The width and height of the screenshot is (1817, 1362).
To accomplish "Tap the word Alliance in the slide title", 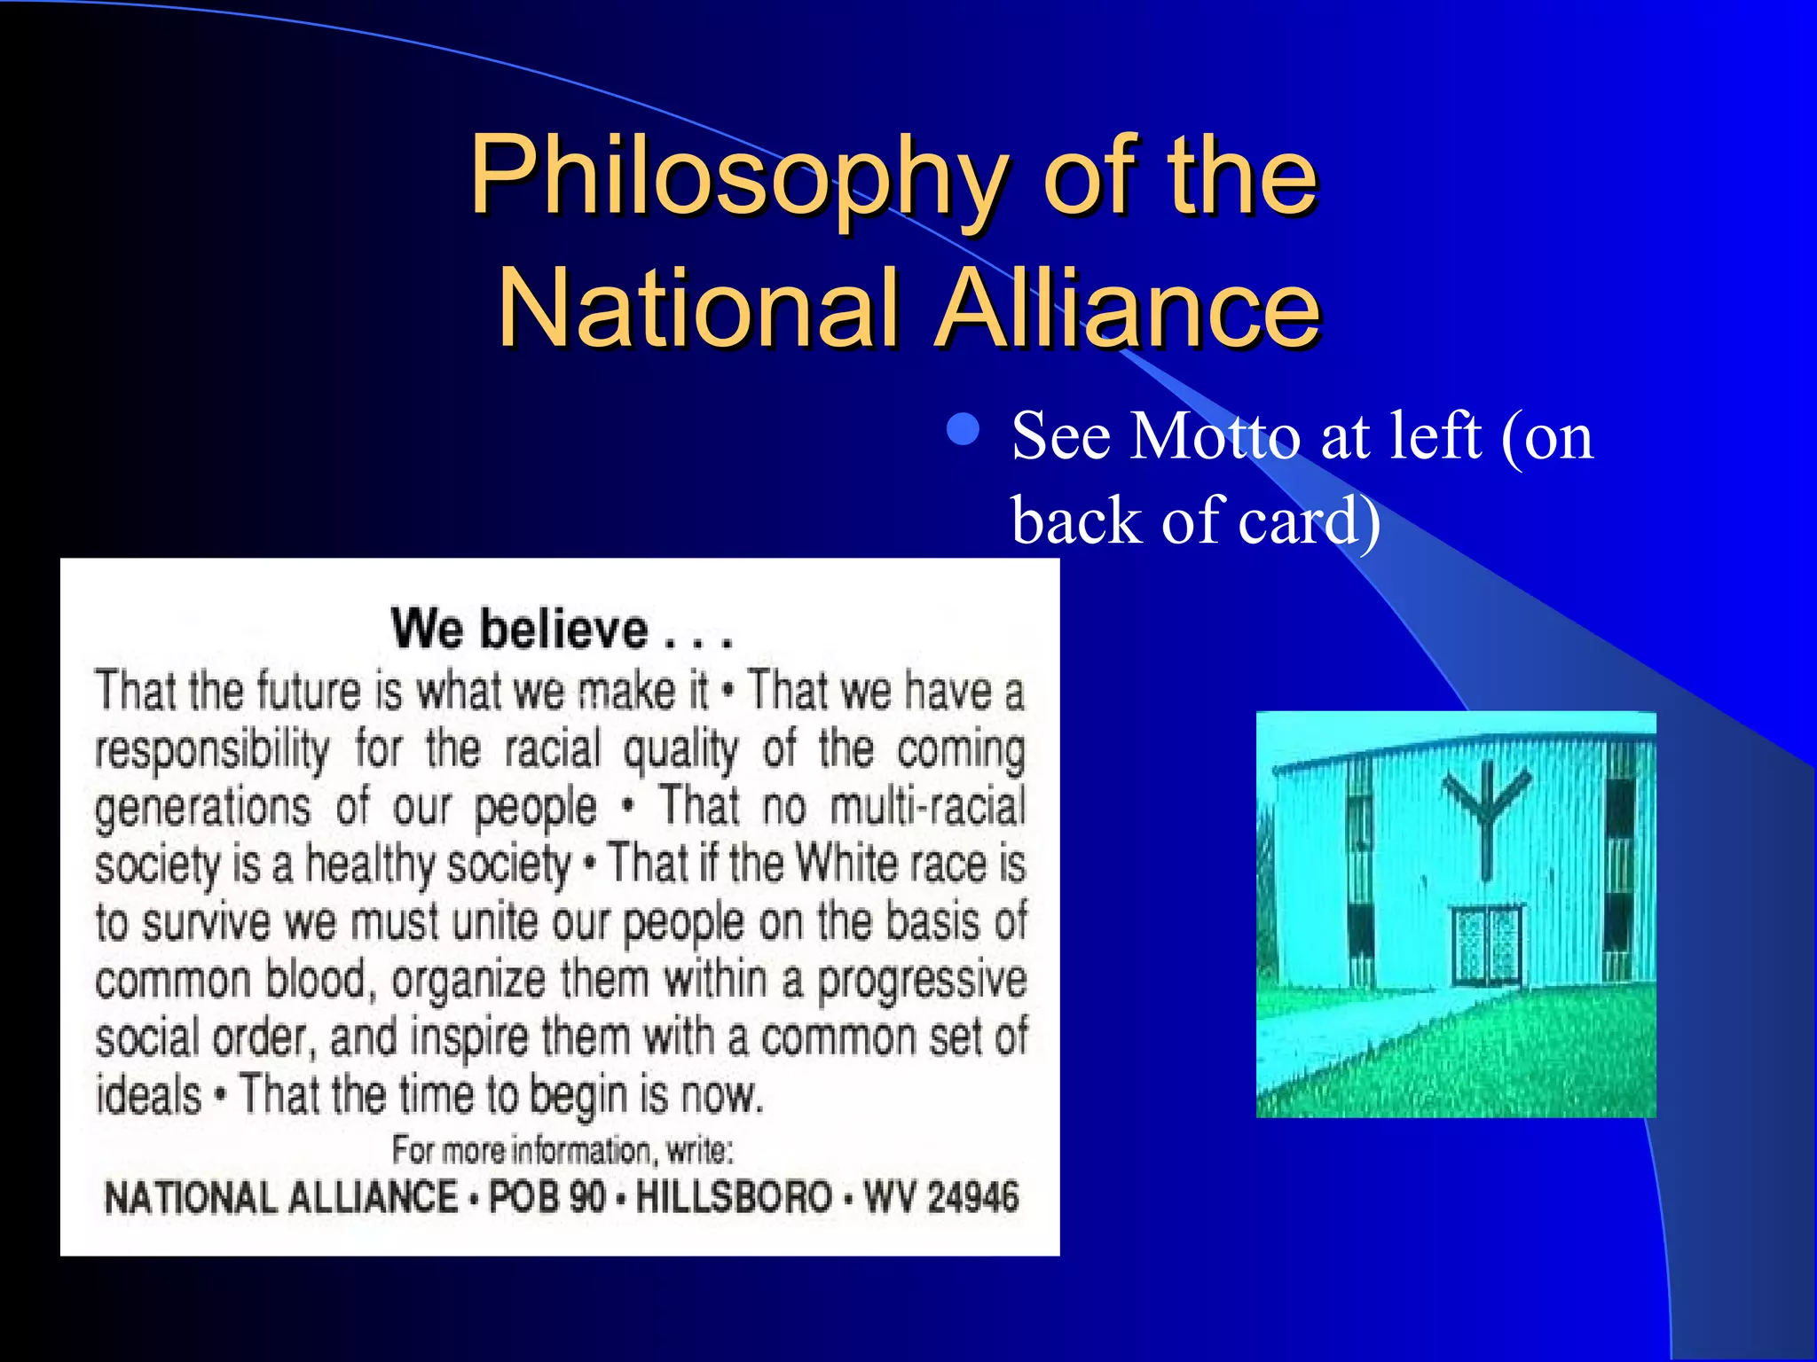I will click(1129, 309).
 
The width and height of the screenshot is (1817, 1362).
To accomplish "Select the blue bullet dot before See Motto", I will click(963, 430).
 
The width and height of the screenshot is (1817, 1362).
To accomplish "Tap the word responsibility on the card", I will click(212, 749).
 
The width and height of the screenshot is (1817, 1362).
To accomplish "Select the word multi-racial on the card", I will click(928, 807).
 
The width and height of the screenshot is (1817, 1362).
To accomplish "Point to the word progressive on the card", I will click(922, 981).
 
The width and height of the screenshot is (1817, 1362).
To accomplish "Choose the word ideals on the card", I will click(149, 1095).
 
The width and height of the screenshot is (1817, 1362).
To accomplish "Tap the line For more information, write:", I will click(562, 1150).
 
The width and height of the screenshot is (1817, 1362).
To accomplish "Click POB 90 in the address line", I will click(547, 1197).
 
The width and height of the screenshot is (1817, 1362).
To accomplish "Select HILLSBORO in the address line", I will click(734, 1197).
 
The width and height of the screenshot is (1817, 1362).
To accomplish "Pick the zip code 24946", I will click(973, 1197).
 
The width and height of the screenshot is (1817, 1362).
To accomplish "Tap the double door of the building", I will click(1486, 944).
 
